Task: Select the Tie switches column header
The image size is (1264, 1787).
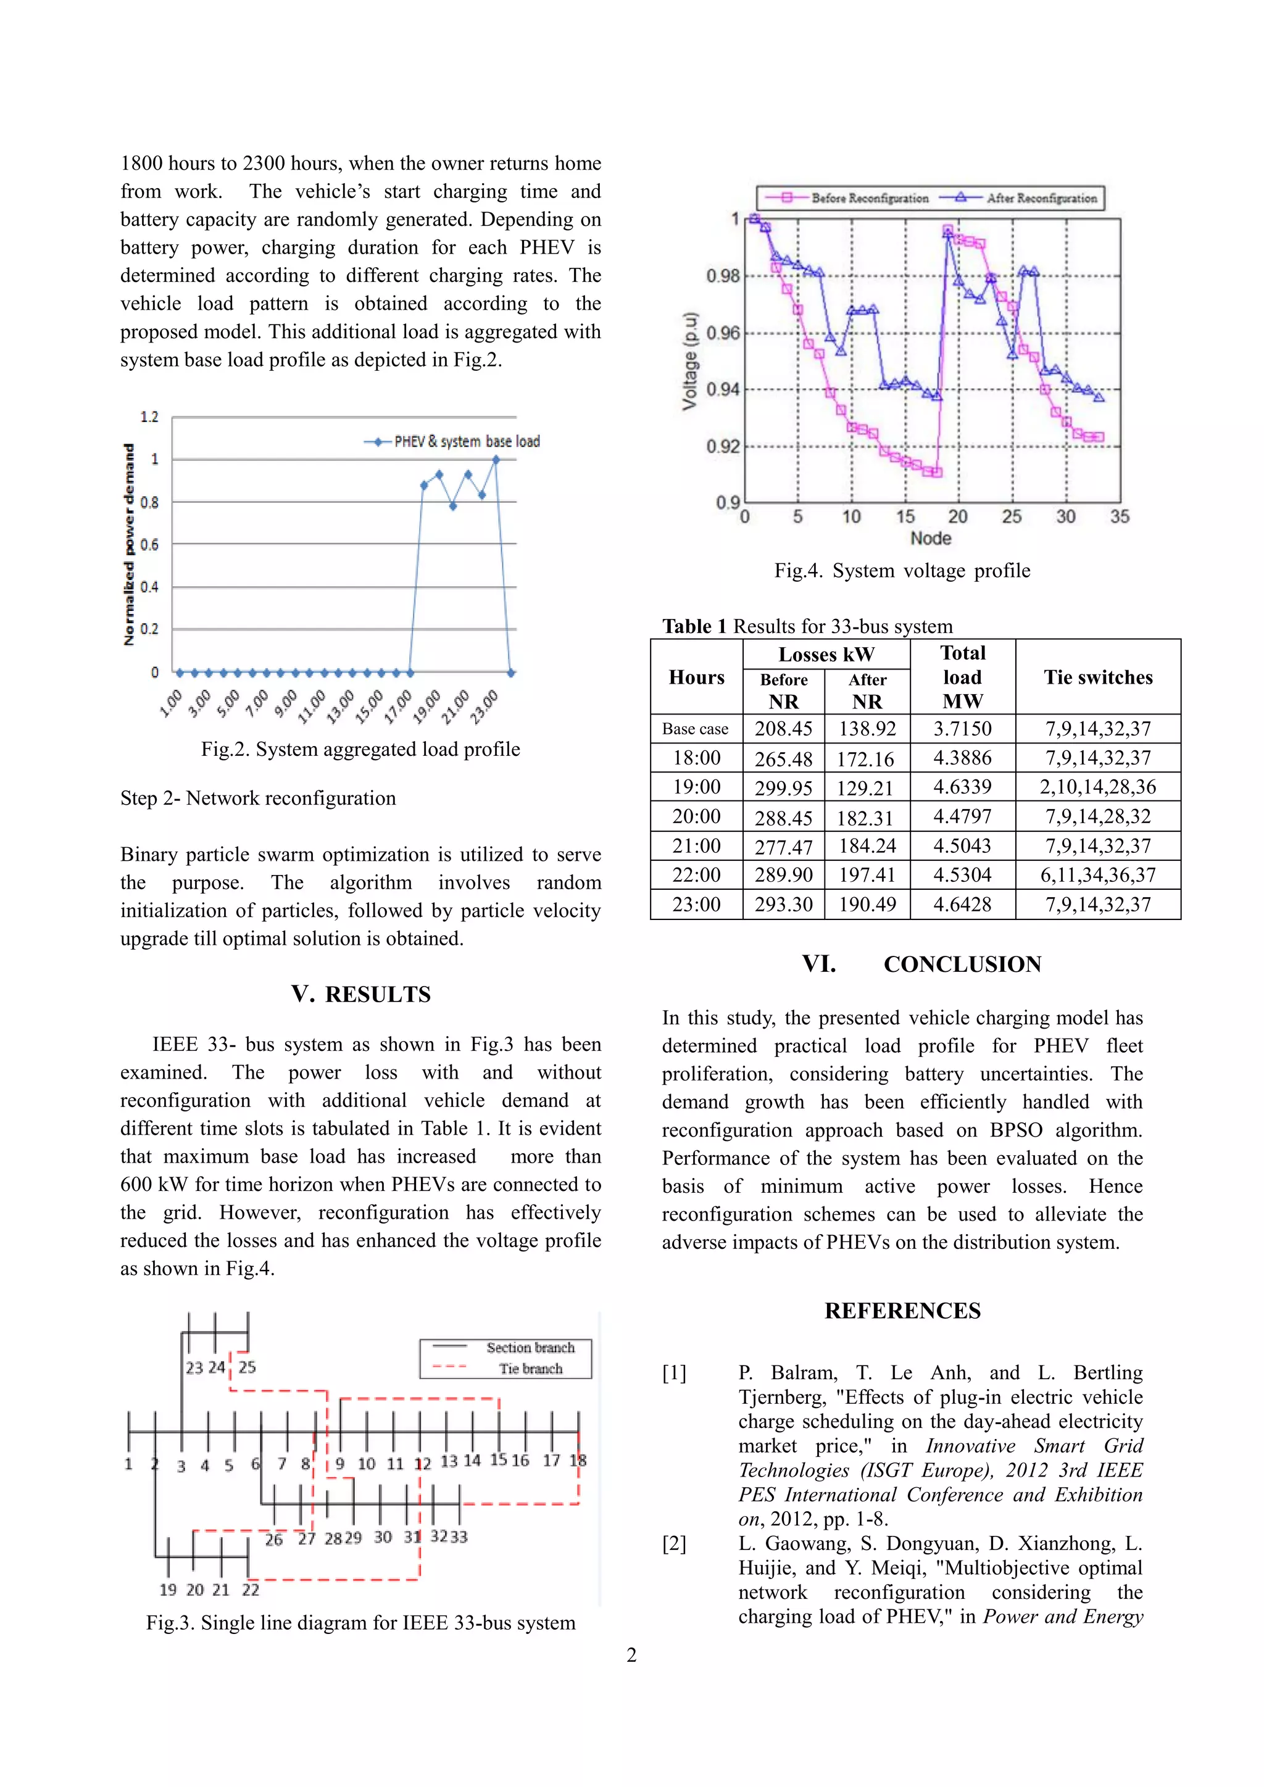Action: (1097, 677)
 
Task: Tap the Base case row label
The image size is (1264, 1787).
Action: (695, 729)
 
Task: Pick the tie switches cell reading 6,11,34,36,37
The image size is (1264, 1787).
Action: (1097, 875)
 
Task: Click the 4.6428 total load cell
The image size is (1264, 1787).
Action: (962, 905)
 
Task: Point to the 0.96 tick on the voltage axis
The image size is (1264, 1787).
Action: (722, 333)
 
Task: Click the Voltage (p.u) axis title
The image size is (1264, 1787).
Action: (689, 361)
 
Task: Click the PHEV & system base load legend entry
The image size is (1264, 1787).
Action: (452, 441)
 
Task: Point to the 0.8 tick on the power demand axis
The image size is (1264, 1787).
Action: (149, 502)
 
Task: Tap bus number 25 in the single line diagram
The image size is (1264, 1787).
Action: (247, 1367)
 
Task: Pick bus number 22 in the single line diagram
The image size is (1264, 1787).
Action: (250, 1590)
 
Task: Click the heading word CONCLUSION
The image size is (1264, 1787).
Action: (962, 964)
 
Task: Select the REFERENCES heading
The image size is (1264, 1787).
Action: (902, 1311)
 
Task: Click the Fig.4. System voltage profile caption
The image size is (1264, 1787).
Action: (901, 571)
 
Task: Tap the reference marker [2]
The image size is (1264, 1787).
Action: (674, 1543)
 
